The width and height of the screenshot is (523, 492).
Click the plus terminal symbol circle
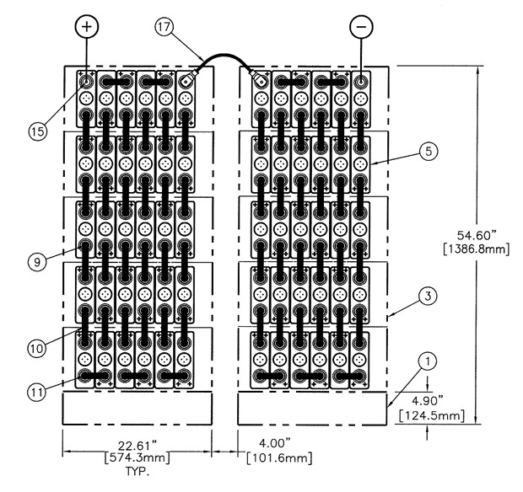89,26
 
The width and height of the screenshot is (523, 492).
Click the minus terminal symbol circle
361,26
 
